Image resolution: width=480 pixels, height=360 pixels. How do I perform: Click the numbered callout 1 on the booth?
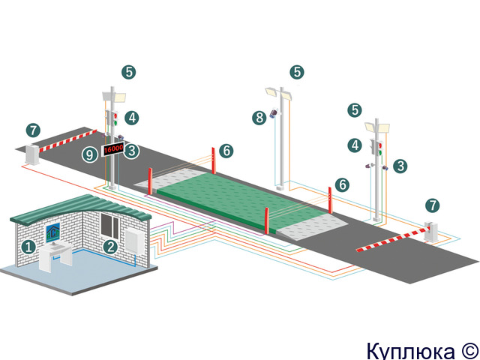click(28, 247)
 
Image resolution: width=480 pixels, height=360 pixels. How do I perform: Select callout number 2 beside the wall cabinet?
click(110, 247)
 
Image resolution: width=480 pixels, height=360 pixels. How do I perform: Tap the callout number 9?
click(90, 155)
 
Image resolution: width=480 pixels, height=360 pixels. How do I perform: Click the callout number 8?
click(259, 118)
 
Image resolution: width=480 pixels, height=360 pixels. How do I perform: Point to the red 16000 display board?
click(113, 149)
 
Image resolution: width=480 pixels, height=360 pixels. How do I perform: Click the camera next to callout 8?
click(274, 112)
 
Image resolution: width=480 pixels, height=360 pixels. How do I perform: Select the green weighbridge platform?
click(241, 201)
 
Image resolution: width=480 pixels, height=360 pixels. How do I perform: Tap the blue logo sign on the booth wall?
click(53, 233)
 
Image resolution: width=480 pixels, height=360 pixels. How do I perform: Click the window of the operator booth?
click(110, 226)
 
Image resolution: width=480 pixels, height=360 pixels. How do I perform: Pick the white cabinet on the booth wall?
click(134, 242)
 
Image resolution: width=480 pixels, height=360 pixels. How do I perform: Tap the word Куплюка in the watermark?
click(410, 351)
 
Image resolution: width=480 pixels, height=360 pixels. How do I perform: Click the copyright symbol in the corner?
click(469, 351)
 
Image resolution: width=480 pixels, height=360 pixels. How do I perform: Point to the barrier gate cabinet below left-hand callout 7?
click(32, 154)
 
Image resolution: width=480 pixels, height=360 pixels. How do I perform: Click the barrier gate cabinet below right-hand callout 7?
click(430, 232)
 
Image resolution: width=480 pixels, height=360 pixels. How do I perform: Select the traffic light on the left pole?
click(112, 117)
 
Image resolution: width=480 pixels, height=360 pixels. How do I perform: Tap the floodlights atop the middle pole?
click(278, 93)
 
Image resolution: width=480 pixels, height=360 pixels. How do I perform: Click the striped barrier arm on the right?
click(393, 239)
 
